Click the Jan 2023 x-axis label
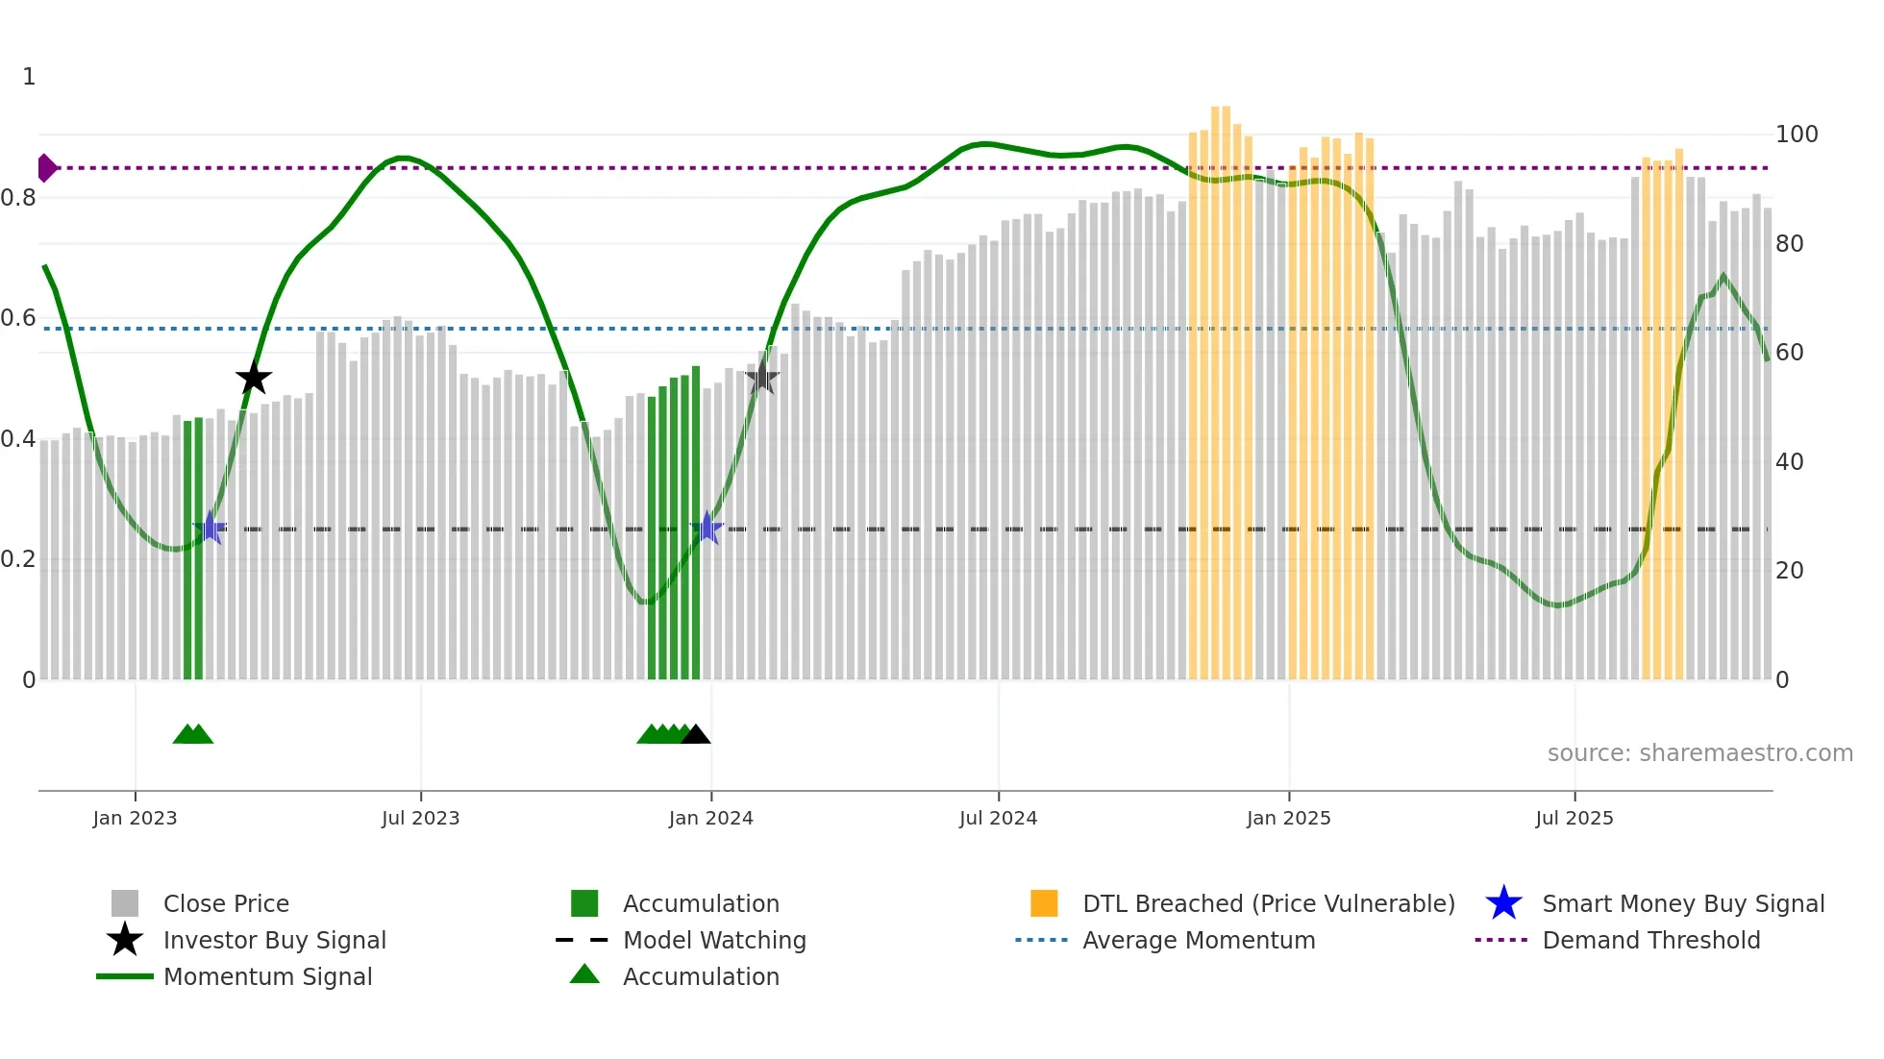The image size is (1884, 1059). point(135,818)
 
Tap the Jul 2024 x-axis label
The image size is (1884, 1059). point(998,818)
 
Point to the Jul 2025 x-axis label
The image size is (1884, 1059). point(1574,818)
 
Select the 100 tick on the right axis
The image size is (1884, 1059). point(1797,135)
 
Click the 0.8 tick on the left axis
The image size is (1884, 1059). point(18,198)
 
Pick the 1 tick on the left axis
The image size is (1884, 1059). point(29,77)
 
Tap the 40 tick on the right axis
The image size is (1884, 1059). point(1790,462)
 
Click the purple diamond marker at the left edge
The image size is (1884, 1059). point(46,168)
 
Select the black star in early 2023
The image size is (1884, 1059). point(254,379)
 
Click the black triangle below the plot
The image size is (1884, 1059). point(695,735)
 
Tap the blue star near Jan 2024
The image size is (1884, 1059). point(707,528)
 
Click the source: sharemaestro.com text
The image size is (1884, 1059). point(1699,753)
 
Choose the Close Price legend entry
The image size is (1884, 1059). point(225,903)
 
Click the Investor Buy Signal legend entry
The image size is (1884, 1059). point(274,940)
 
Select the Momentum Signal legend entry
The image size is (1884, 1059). point(267,976)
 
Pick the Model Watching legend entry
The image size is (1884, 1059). point(713,940)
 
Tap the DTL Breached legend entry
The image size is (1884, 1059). point(1268,903)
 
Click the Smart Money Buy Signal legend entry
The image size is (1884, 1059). point(1682,903)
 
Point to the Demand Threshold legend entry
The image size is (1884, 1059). point(1650,940)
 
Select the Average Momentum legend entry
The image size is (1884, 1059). point(1198,940)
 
